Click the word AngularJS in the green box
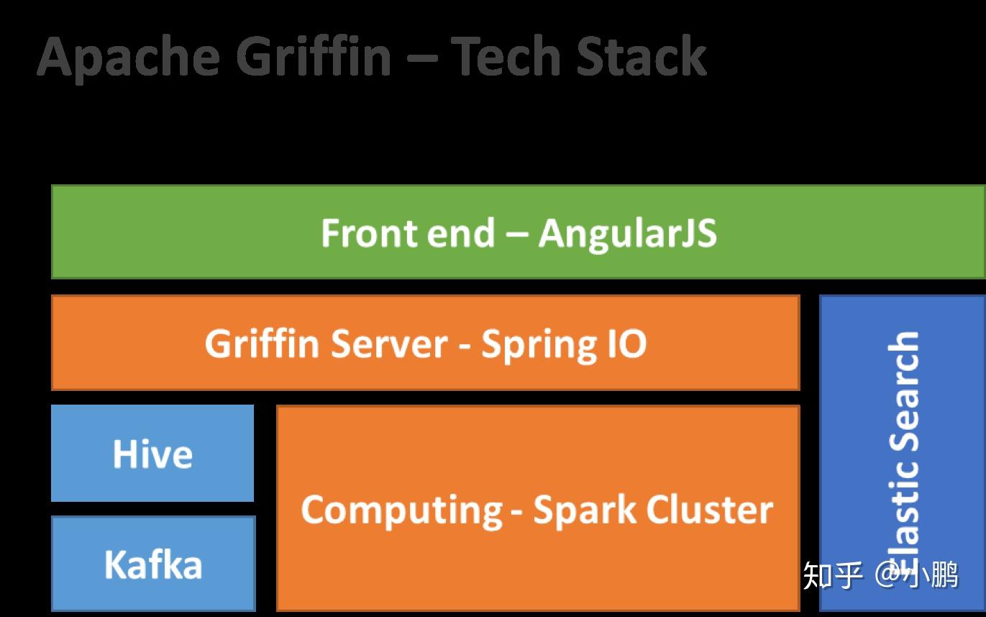pos(627,233)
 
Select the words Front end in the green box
pos(407,233)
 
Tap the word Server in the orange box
pos(388,343)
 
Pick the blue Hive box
pos(152,454)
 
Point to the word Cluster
pos(709,510)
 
